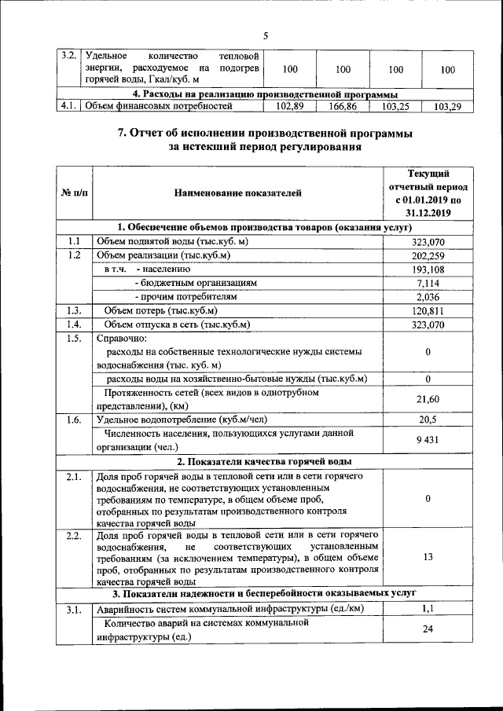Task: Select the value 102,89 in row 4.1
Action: point(290,105)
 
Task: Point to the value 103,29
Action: point(447,105)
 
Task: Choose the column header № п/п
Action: point(74,192)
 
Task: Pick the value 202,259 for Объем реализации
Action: point(428,255)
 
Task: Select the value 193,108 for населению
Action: point(428,269)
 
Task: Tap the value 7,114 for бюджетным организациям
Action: point(428,283)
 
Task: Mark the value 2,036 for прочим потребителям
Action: point(428,297)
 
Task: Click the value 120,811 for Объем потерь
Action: point(428,311)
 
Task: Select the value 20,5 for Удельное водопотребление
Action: point(428,420)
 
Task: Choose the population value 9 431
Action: point(428,440)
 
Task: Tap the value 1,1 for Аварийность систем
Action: point(428,608)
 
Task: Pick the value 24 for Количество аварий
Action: point(428,629)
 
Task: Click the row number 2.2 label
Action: point(74,536)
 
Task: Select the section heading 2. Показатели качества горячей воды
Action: point(264,461)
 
